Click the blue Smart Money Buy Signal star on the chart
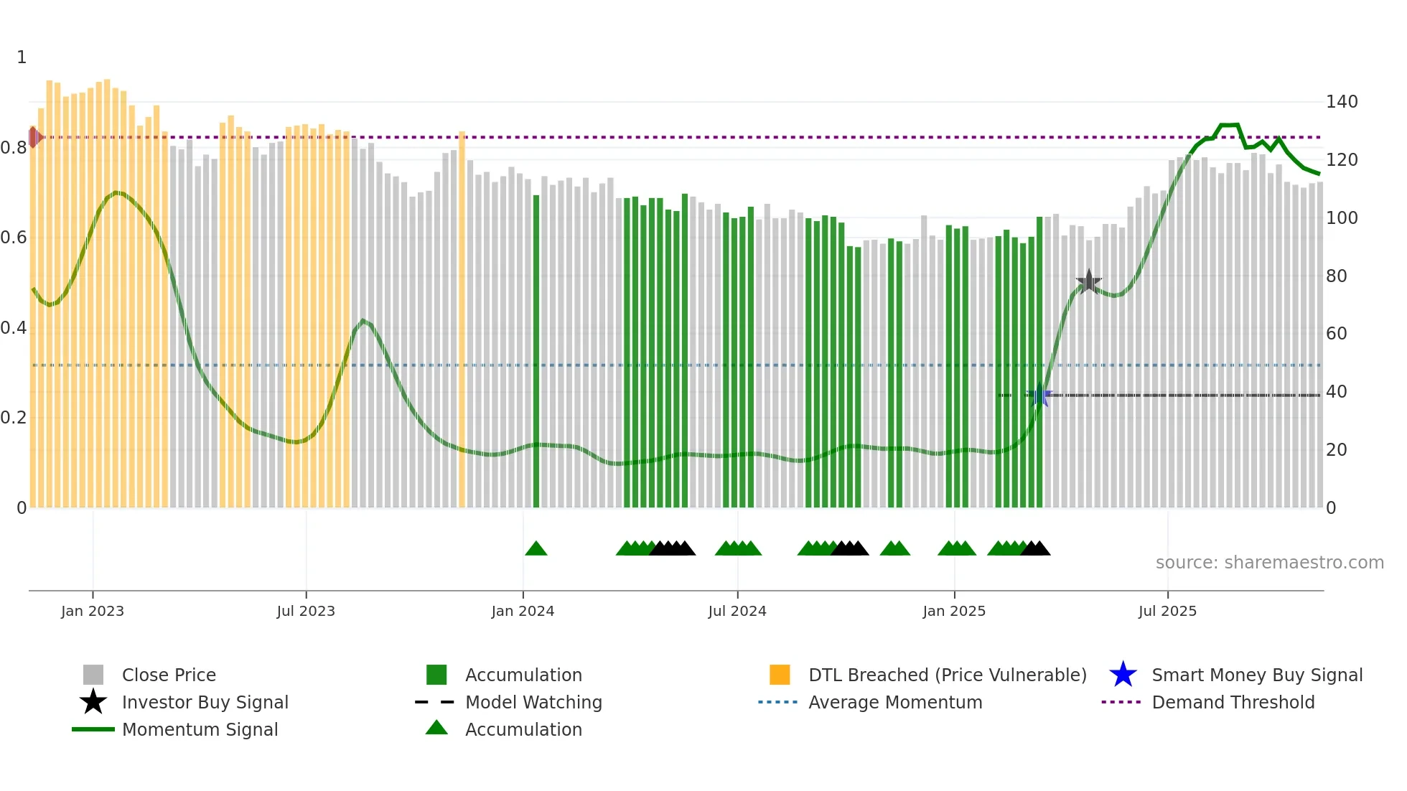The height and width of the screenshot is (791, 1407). pos(1039,395)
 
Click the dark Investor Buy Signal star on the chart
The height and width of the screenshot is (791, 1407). pos(1089,281)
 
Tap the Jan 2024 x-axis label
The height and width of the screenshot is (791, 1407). pos(523,611)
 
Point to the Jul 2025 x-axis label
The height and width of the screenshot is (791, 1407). pos(1167,611)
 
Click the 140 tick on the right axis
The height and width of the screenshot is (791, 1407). pos(1341,102)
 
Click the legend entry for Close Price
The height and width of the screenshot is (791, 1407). pos(169,675)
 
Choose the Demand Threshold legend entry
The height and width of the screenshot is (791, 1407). pos(1233,702)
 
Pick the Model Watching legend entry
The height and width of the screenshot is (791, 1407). pos(533,702)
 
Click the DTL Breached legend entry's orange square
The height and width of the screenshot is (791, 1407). pos(780,675)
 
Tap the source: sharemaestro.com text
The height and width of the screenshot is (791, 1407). pos(1269,563)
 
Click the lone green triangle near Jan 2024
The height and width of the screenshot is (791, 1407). pos(536,549)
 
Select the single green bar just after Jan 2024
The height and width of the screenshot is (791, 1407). pos(536,352)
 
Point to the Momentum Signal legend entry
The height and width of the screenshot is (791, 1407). pos(200,729)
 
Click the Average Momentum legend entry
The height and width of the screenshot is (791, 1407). pos(894,702)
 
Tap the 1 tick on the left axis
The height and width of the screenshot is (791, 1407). pos(22,57)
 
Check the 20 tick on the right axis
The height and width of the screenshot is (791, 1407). pos(1336,450)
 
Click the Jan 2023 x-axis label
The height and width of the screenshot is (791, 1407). pos(93,611)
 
